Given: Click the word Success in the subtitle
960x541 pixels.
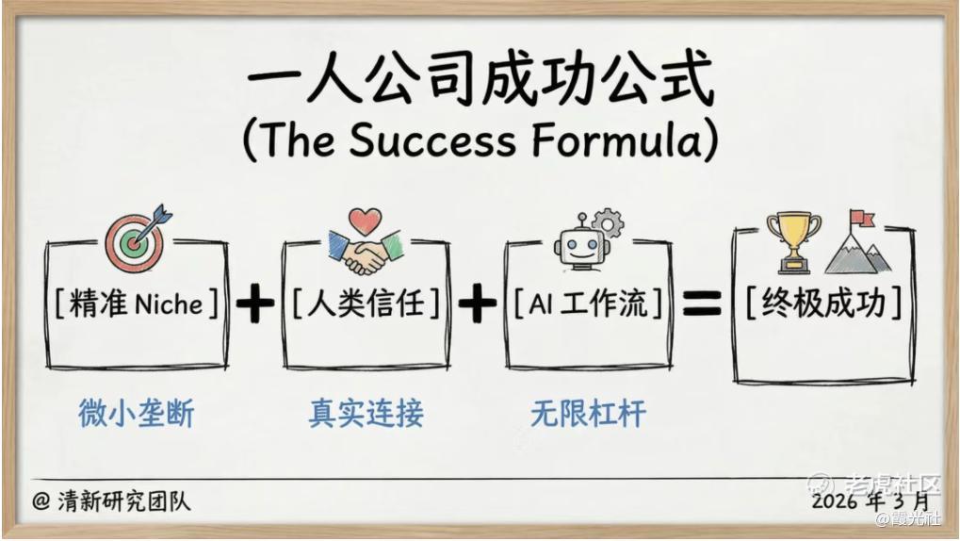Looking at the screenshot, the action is [x=431, y=139].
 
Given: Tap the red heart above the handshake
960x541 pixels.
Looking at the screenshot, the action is [x=366, y=221].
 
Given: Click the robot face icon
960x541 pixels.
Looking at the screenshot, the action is [x=581, y=245].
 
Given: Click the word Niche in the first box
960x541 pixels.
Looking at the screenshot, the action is [x=169, y=303].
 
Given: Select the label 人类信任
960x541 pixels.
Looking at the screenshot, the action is [x=366, y=303].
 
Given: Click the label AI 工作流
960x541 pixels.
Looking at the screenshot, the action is [x=588, y=303].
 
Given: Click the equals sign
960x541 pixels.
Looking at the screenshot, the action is [x=702, y=303].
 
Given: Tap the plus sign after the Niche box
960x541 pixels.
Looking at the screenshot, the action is [x=254, y=303].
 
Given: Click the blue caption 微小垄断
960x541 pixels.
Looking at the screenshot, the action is [x=136, y=413].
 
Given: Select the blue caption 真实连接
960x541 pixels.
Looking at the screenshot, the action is [x=366, y=413].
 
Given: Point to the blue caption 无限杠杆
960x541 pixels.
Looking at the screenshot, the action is [x=588, y=414].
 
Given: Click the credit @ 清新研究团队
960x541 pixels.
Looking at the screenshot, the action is [x=111, y=501].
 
